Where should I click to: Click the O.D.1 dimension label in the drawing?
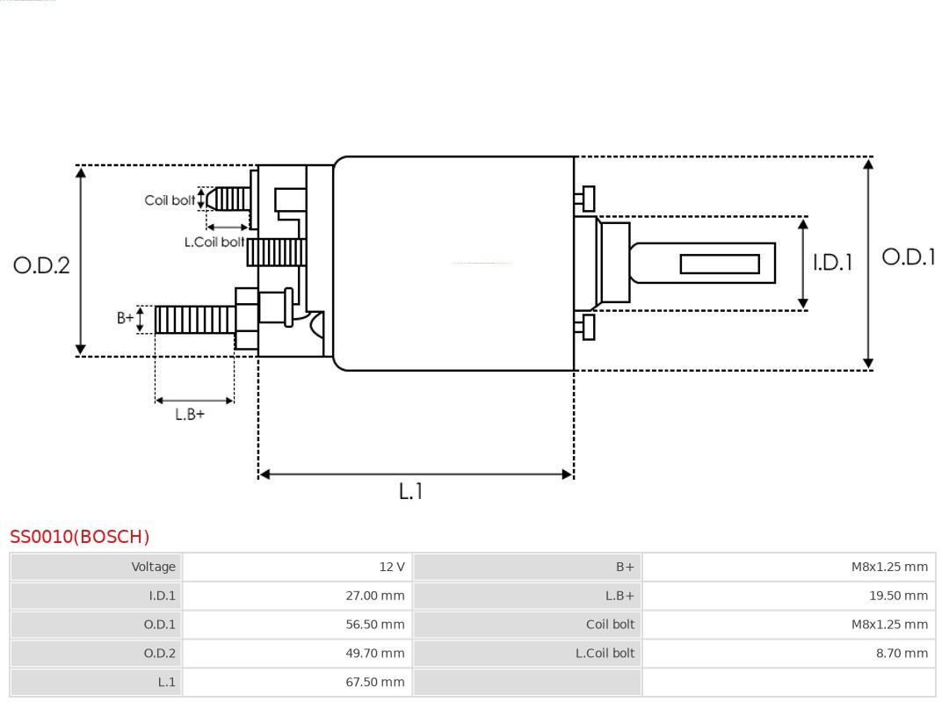tap(909, 257)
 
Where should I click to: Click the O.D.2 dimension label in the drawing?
tap(41, 264)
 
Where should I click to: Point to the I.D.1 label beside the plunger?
tap(832, 262)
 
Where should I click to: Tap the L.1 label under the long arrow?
tap(410, 491)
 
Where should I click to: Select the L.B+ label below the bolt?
tap(190, 414)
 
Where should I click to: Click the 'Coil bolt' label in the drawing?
tap(170, 200)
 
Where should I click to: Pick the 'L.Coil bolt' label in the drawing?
tap(214, 242)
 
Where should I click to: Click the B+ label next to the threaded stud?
tap(126, 318)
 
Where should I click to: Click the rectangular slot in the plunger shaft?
tap(720, 264)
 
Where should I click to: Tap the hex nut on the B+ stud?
tap(247, 319)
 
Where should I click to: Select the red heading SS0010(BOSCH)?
tap(80, 537)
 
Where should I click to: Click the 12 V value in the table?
tap(392, 567)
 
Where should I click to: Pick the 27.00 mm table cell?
tap(375, 596)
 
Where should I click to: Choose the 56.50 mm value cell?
tap(375, 625)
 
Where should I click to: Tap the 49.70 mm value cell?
tap(375, 653)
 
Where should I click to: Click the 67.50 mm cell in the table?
tap(375, 682)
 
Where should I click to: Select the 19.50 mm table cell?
tap(898, 596)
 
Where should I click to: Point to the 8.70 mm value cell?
tap(902, 653)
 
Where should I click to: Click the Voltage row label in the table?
tap(154, 567)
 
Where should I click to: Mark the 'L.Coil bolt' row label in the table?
tap(605, 653)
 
